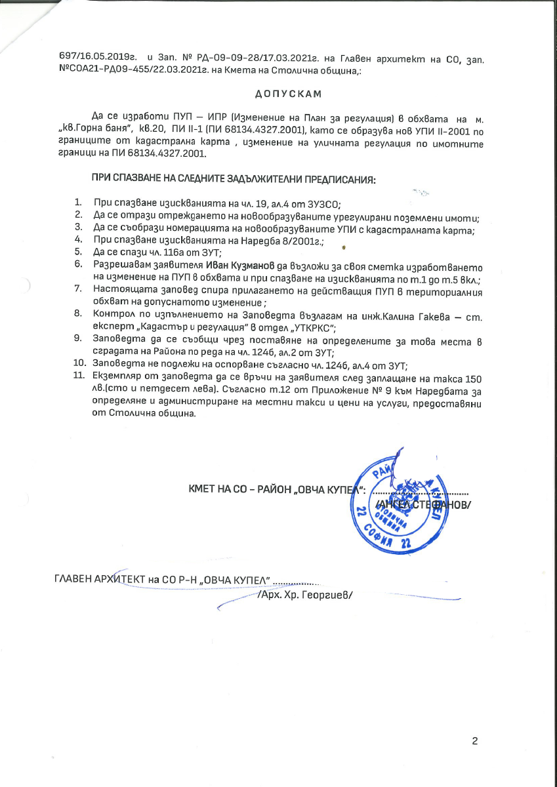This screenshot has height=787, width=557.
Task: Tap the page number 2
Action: (475, 742)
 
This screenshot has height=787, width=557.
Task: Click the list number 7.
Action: (78, 288)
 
